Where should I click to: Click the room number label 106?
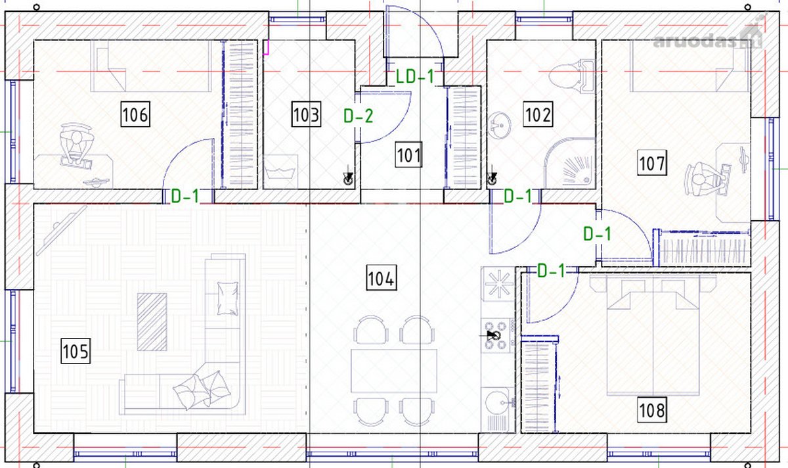tap(135, 114)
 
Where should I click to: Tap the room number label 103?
tap(306, 114)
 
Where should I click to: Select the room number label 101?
tap(408, 154)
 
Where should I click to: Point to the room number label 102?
tap(538, 114)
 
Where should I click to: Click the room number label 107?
tap(652, 163)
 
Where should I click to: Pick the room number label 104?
tap(382, 278)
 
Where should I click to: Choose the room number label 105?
tap(76, 351)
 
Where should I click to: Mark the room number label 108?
tap(652, 410)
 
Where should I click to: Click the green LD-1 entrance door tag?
tap(415, 76)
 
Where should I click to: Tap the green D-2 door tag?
tap(358, 116)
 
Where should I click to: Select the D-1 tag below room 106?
tap(185, 196)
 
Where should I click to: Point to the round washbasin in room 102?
tap(500, 125)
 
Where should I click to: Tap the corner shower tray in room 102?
tap(569, 163)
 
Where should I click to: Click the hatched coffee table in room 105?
tap(152, 322)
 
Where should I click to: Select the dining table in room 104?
tap(394, 371)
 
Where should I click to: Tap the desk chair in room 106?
tap(76, 145)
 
